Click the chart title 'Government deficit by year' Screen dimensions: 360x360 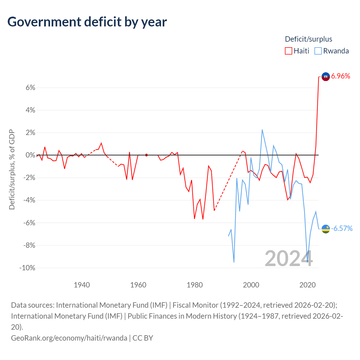87,22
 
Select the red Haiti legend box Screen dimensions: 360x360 288,51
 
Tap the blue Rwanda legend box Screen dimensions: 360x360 318,51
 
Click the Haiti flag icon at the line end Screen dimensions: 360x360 325,76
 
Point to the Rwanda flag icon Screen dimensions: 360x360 325,229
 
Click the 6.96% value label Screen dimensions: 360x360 340,76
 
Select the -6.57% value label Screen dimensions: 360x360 342,228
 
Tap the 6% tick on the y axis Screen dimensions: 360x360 30,87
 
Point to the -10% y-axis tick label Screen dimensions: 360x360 27,268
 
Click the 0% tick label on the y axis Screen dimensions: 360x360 30,155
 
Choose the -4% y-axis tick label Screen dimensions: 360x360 29,200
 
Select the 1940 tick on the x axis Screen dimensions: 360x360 82,285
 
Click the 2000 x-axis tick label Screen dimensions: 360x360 251,285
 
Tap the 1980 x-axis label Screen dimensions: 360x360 195,285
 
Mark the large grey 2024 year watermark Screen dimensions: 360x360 289,258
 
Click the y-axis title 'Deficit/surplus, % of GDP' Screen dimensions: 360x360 12,169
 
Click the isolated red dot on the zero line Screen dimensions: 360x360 147,155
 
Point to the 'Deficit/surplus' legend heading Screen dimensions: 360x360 309,39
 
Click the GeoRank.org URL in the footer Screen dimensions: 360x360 69,338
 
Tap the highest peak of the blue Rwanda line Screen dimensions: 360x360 262,130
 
